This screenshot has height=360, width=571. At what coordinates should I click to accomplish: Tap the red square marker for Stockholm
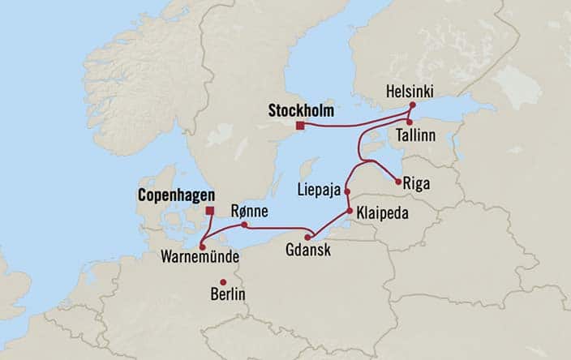point(300,125)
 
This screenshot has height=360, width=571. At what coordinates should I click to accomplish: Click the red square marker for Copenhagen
point(209,211)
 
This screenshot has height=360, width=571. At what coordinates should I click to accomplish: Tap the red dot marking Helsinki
point(412,105)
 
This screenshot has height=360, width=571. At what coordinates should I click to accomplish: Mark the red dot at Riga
point(398,182)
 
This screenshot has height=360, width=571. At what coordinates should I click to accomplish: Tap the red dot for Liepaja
point(347,192)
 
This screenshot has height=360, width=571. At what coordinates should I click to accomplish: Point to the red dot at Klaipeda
point(350,211)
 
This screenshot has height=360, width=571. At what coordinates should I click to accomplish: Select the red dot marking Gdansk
point(309,235)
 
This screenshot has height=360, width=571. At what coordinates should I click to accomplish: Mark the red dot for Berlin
point(223,282)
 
